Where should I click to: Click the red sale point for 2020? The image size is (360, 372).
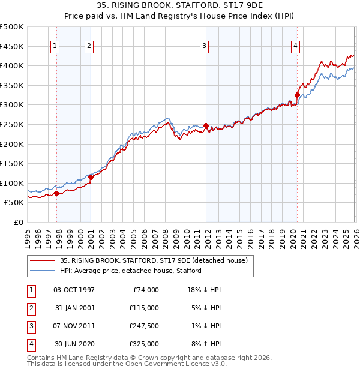tap(297, 95)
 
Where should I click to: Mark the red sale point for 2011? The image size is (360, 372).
tap(206, 125)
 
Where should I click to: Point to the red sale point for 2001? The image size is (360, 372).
tap(91, 177)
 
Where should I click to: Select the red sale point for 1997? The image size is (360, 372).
tap(56, 193)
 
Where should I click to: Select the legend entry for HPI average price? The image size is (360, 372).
tap(130, 271)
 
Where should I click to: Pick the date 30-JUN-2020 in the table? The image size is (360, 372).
tap(74, 344)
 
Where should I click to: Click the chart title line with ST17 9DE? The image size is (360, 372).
tap(179, 6)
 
